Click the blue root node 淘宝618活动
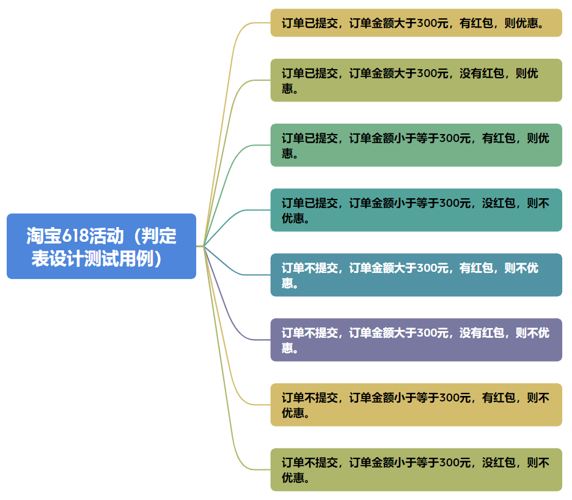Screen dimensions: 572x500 101,246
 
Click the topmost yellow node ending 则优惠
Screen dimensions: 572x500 416,23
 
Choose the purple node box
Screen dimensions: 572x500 416,340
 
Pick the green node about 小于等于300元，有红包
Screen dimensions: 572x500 416,145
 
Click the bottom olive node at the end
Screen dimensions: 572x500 416,469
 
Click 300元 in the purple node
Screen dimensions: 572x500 432,333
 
